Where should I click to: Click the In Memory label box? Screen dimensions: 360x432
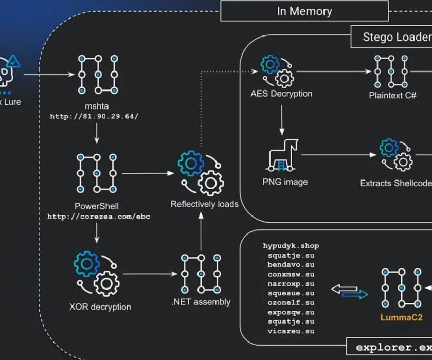pyautogui.click(x=304, y=11)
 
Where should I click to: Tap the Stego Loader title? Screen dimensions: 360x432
pyautogui.click(x=396, y=37)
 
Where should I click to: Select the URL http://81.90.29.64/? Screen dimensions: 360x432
pyautogui.click(x=94, y=116)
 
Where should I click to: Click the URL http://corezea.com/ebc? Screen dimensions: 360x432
pyautogui.click(x=98, y=217)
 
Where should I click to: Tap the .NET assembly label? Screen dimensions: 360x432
pyautogui.click(x=201, y=302)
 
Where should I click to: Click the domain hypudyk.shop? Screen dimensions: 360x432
pyautogui.click(x=291, y=246)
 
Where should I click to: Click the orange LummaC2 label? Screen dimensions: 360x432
pyautogui.click(x=401, y=317)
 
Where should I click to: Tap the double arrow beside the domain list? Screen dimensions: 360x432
pyautogui.click(x=350, y=292)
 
